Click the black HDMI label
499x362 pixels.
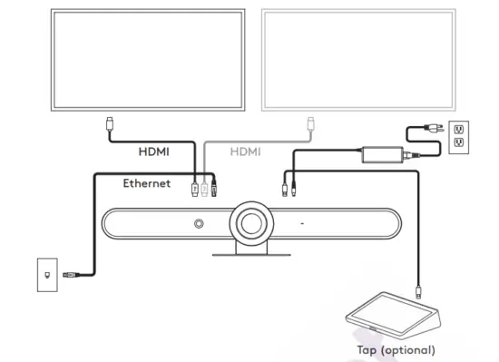pyautogui.click(x=152, y=152)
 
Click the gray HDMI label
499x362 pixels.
pyautogui.click(x=244, y=152)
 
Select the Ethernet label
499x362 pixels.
pyautogui.click(x=147, y=183)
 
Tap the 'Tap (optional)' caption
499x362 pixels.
pyautogui.click(x=396, y=348)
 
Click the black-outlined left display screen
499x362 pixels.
pyautogui.click(x=147, y=61)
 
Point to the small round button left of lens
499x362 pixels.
pyautogui.click(x=197, y=223)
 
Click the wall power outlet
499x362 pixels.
pyautogui.click(x=459, y=136)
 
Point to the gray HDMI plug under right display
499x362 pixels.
pyautogui.click(x=309, y=123)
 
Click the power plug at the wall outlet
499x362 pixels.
pyautogui.click(x=436, y=128)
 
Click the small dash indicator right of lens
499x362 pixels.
pyautogui.click(x=301, y=223)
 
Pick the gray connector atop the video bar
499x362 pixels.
pyautogui.click(x=203, y=189)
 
